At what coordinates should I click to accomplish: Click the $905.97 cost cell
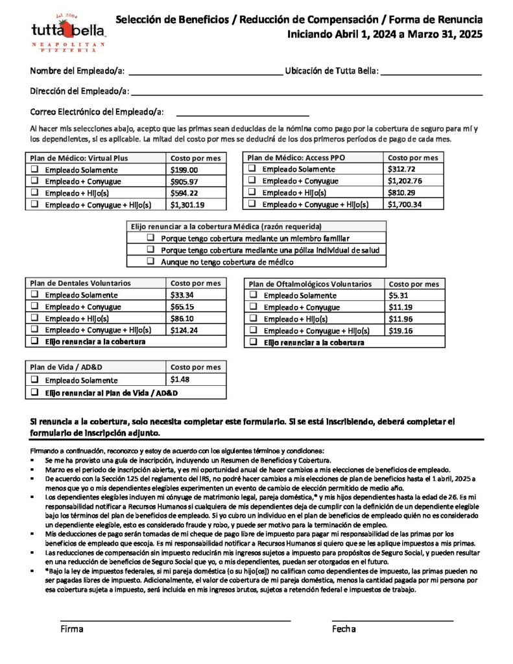(184, 182)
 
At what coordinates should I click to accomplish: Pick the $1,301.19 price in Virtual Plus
(187, 205)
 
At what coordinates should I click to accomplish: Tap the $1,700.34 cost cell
(405, 204)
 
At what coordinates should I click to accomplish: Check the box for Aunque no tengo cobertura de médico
(150, 262)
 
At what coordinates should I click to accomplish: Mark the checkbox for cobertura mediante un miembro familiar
(150, 239)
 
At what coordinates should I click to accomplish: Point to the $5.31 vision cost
(397, 296)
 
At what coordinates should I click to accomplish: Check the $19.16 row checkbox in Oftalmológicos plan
(253, 331)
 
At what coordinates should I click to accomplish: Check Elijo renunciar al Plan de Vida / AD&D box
(34, 393)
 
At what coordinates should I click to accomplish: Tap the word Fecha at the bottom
(344, 629)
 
